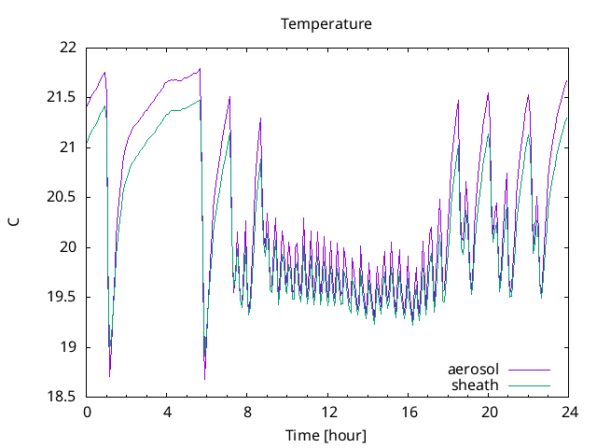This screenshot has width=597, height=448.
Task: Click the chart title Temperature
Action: (x=326, y=23)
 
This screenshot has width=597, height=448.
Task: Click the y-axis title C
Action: (x=13, y=222)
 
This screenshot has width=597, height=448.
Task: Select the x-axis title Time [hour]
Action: (x=326, y=436)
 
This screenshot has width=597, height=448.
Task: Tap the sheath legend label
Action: (x=476, y=385)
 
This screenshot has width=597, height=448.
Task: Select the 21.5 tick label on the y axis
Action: (x=62, y=97)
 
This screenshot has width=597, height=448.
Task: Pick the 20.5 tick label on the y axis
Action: (x=62, y=197)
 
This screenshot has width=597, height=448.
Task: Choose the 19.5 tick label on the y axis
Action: (x=62, y=297)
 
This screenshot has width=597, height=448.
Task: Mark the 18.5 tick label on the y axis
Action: (x=62, y=397)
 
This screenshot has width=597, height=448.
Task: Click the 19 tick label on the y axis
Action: (x=68, y=347)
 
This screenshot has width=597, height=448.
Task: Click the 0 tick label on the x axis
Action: (x=87, y=412)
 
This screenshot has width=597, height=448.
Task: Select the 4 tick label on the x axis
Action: (x=167, y=412)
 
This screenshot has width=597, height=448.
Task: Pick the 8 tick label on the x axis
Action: (x=247, y=412)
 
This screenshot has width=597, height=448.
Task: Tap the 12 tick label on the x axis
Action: (x=327, y=412)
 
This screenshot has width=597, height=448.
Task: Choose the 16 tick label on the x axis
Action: (x=408, y=412)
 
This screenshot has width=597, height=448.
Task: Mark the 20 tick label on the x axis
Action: (x=488, y=412)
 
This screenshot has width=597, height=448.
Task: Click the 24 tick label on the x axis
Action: (x=568, y=412)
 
